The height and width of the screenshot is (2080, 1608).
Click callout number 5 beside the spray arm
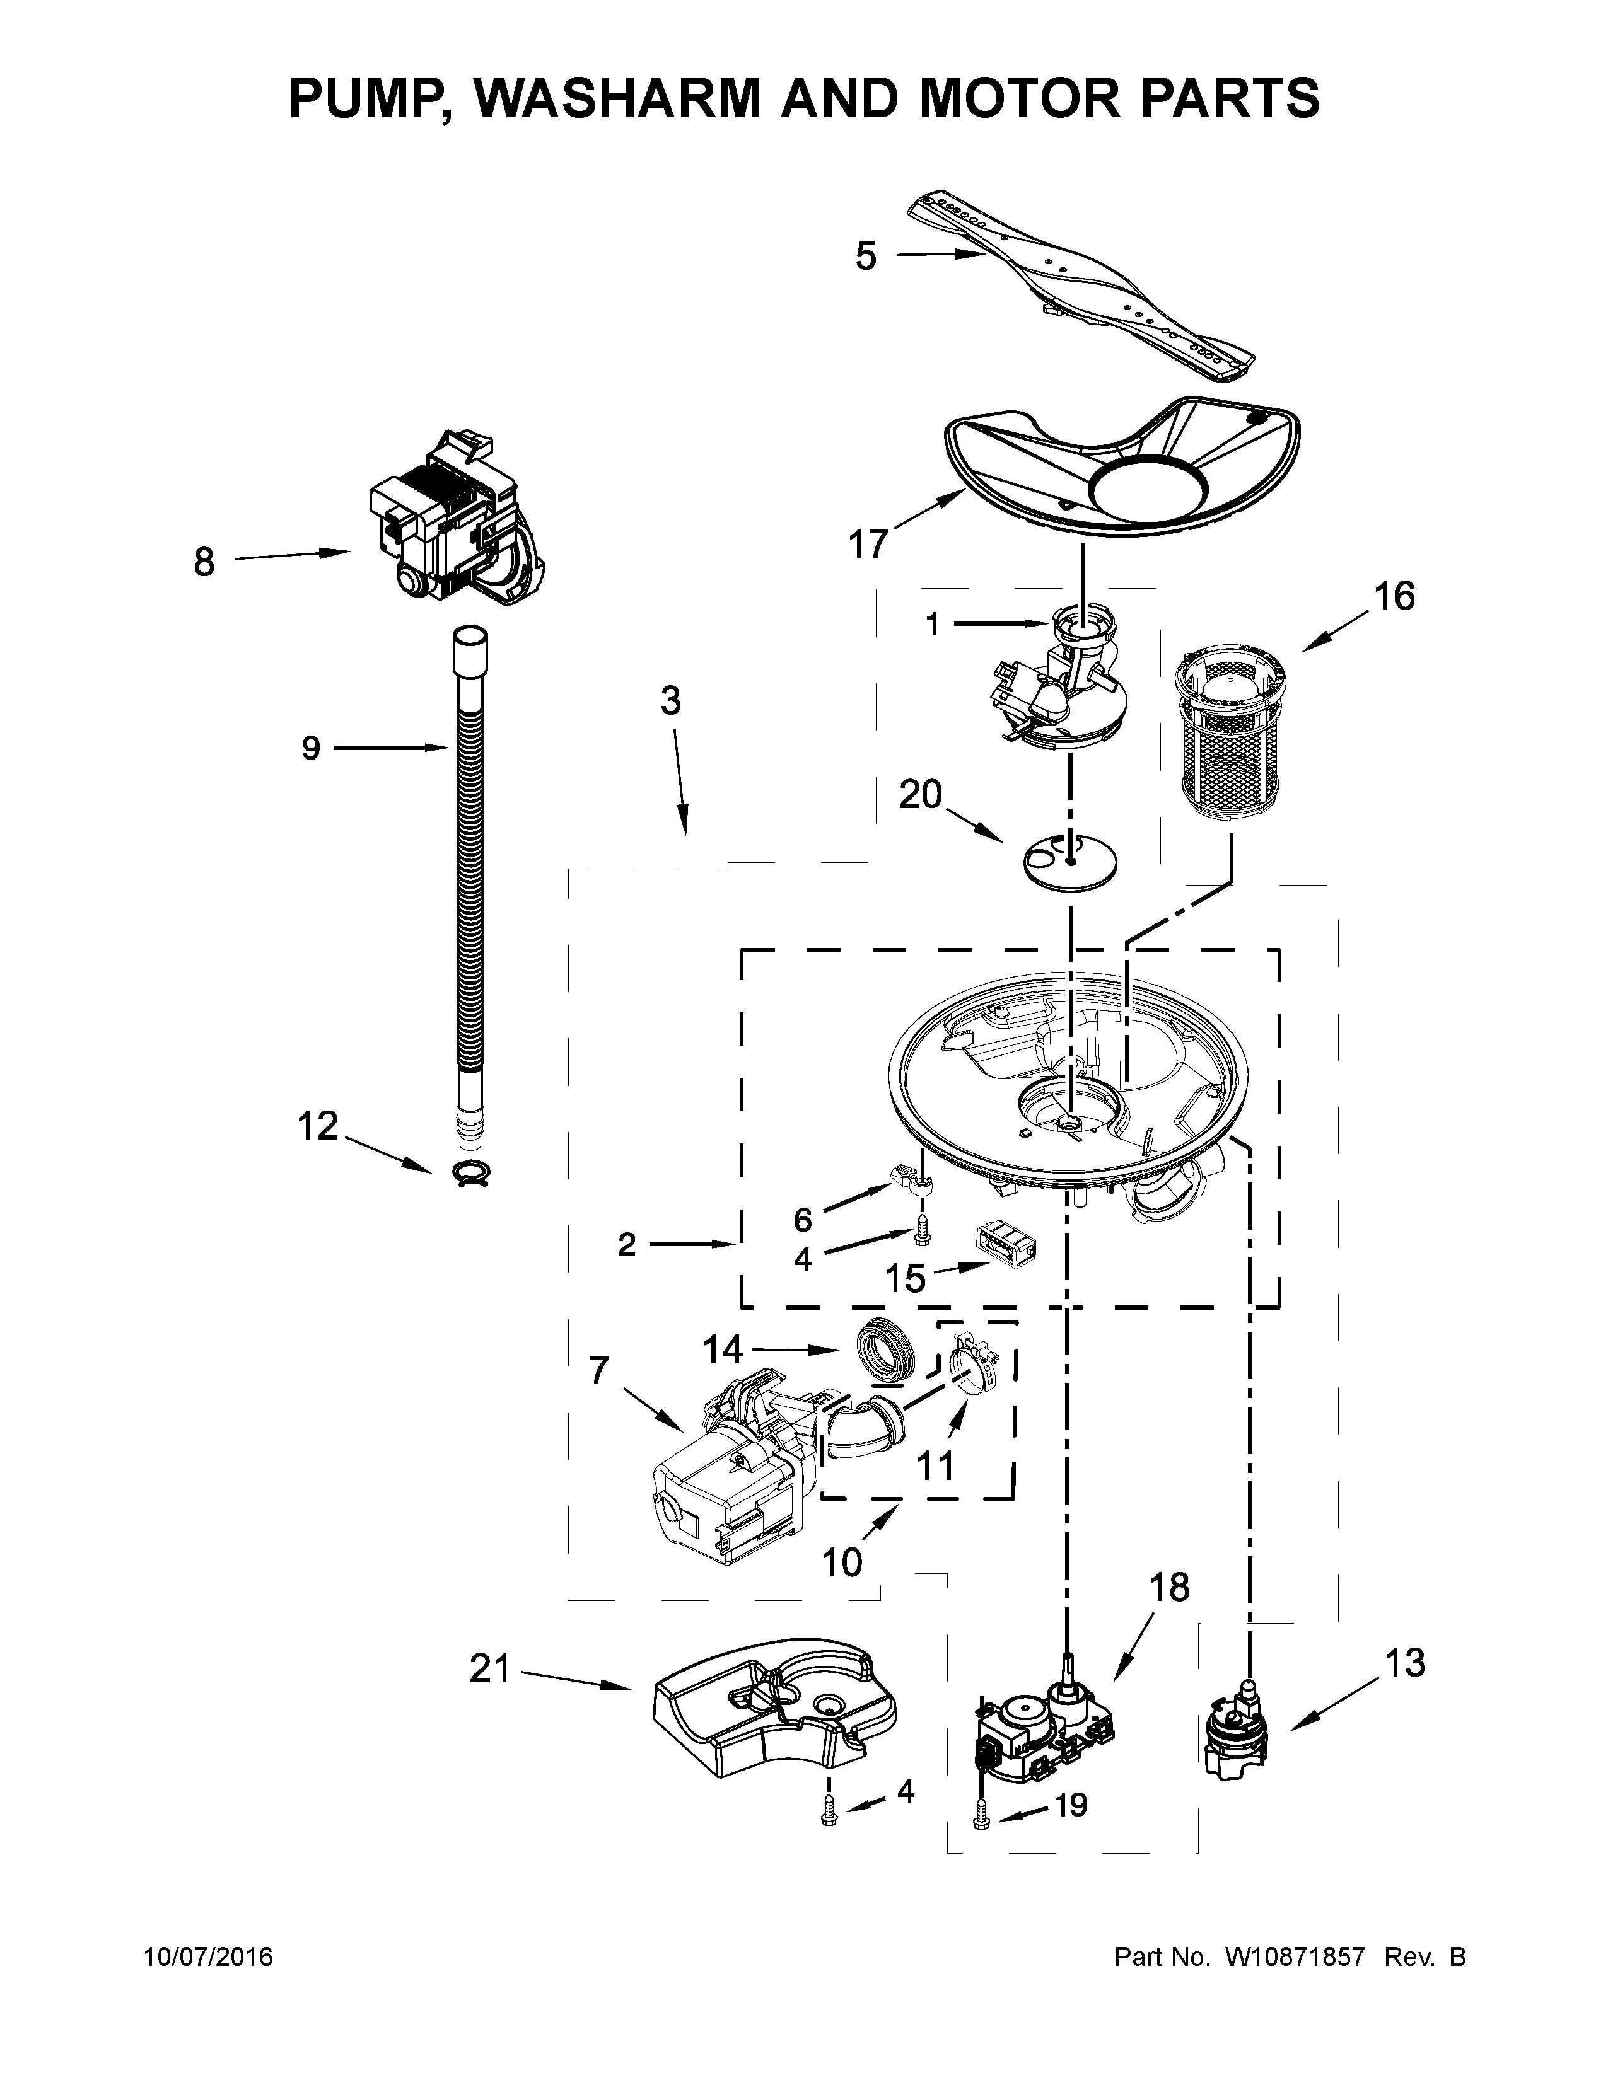coord(865,256)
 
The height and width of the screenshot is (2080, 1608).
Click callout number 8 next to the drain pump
coord(204,562)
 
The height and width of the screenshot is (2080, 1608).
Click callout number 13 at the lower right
coord(1405,1663)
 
